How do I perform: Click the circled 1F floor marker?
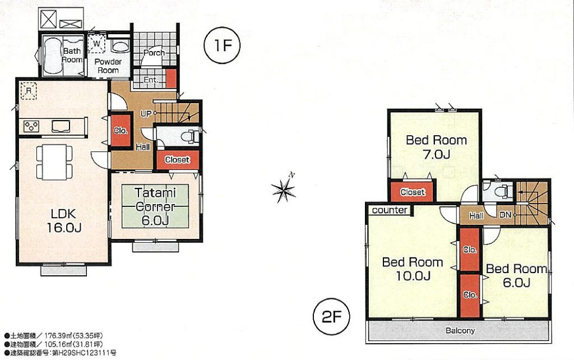click(222, 46)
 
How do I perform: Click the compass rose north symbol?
click(284, 188)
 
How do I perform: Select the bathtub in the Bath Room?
click(52, 56)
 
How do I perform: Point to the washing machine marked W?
click(96, 44)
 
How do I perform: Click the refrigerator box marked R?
click(29, 90)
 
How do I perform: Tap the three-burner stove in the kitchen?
click(31, 126)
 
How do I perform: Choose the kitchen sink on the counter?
click(61, 126)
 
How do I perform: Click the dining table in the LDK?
click(54, 162)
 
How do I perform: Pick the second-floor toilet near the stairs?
click(503, 191)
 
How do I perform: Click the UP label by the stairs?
click(146, 113)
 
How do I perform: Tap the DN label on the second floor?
click(505, 215)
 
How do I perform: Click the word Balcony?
click(460, 331)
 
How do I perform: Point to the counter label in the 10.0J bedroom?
click(390, 210)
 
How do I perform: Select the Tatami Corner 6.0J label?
click(155, 206)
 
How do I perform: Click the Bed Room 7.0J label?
click(436, 147)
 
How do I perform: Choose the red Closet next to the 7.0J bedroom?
click(413, 192)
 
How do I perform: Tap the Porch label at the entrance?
click(154, 53)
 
